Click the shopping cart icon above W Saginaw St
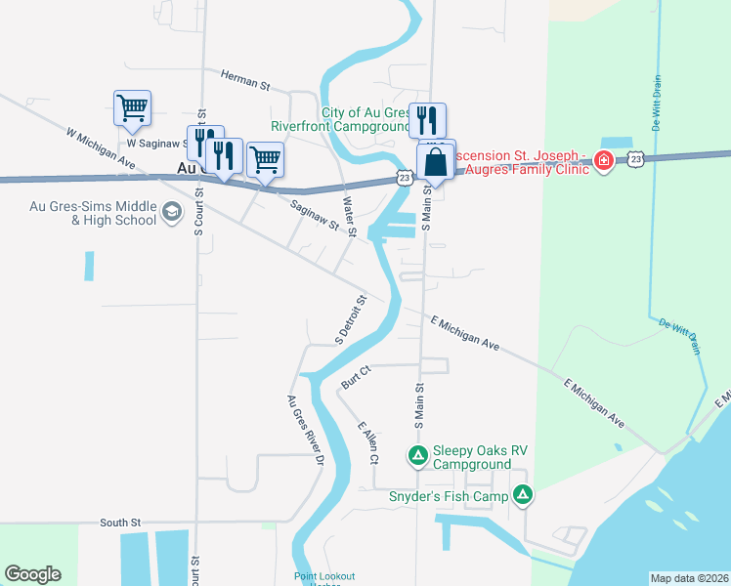coord(132,107)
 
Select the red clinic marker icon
coord(604,161)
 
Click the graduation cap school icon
coord(172,213)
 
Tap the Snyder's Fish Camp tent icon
coord(524,496)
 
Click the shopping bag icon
coord(436,161)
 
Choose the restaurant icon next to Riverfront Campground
coord(427,120)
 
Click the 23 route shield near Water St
coord(405,177)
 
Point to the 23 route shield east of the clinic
coord(636,158)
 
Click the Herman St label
coord(244,78)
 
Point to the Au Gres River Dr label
coord(304,429)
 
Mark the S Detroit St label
coord(351,320)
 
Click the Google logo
coord(32,574)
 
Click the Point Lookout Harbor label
coord(324,577)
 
